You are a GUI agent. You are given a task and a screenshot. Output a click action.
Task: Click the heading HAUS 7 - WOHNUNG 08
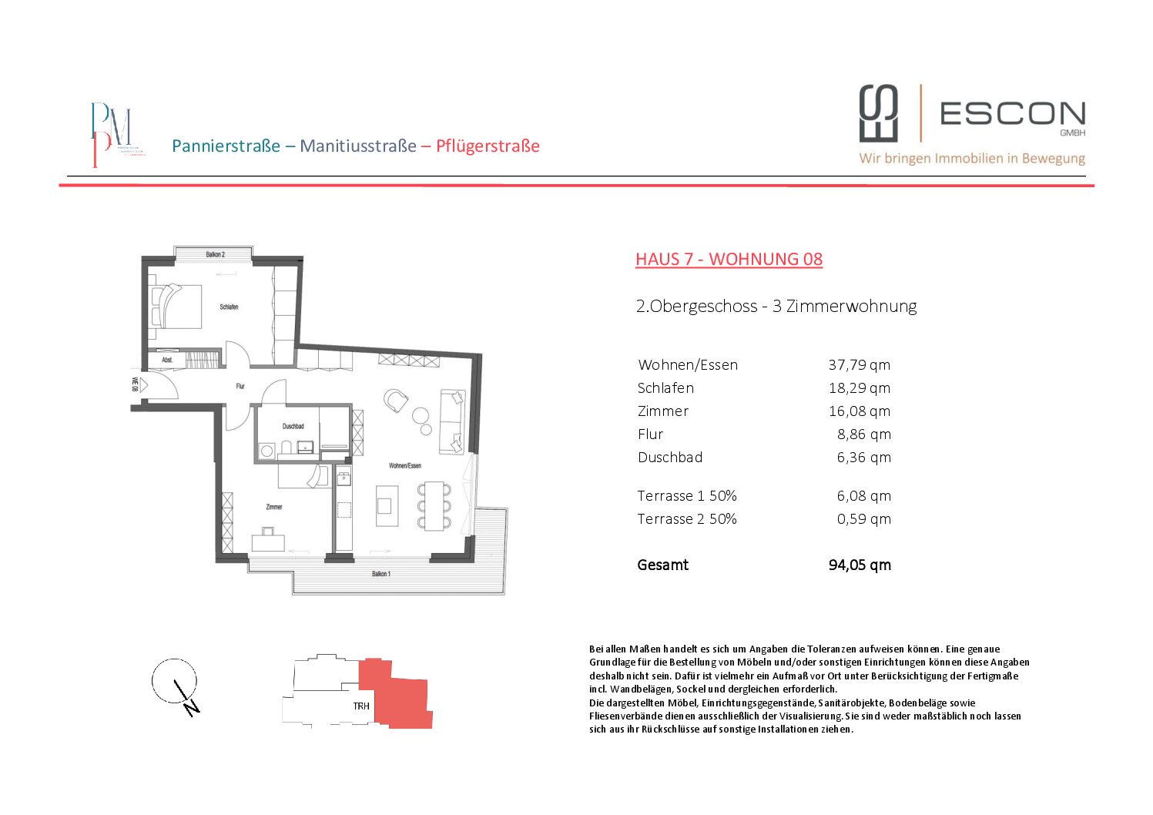(729, 259)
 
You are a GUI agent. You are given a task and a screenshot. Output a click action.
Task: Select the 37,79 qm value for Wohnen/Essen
(859, 364)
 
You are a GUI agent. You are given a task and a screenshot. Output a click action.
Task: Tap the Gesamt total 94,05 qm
(860, 565)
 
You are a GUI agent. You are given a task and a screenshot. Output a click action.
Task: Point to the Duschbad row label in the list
(670, 457)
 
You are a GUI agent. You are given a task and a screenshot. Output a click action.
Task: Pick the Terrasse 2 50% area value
(863, 518)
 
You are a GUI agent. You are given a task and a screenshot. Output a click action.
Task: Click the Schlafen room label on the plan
(229, 307)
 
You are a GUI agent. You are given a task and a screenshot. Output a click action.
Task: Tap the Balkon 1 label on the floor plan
(380, 574)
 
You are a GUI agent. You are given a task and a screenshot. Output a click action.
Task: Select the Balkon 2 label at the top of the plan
(215, 254)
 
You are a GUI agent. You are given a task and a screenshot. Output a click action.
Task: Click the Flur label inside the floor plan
(240, 386)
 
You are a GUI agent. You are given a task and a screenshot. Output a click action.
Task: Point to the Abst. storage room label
(167, 360)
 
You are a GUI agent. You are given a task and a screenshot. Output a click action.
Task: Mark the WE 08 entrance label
(135, 384)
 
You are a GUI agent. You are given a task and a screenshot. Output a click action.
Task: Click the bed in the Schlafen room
(177, 307)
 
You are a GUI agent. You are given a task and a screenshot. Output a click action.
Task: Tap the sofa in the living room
(451, 421)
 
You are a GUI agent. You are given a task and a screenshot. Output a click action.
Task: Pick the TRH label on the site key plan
(361, 706)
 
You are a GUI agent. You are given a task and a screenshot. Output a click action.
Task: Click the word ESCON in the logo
(1012, 114)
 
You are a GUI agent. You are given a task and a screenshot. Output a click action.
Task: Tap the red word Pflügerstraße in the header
(488, 146)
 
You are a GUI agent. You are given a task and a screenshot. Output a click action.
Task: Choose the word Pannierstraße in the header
(226, 146)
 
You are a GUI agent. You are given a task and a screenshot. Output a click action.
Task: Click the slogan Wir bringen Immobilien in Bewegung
(972, 158)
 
